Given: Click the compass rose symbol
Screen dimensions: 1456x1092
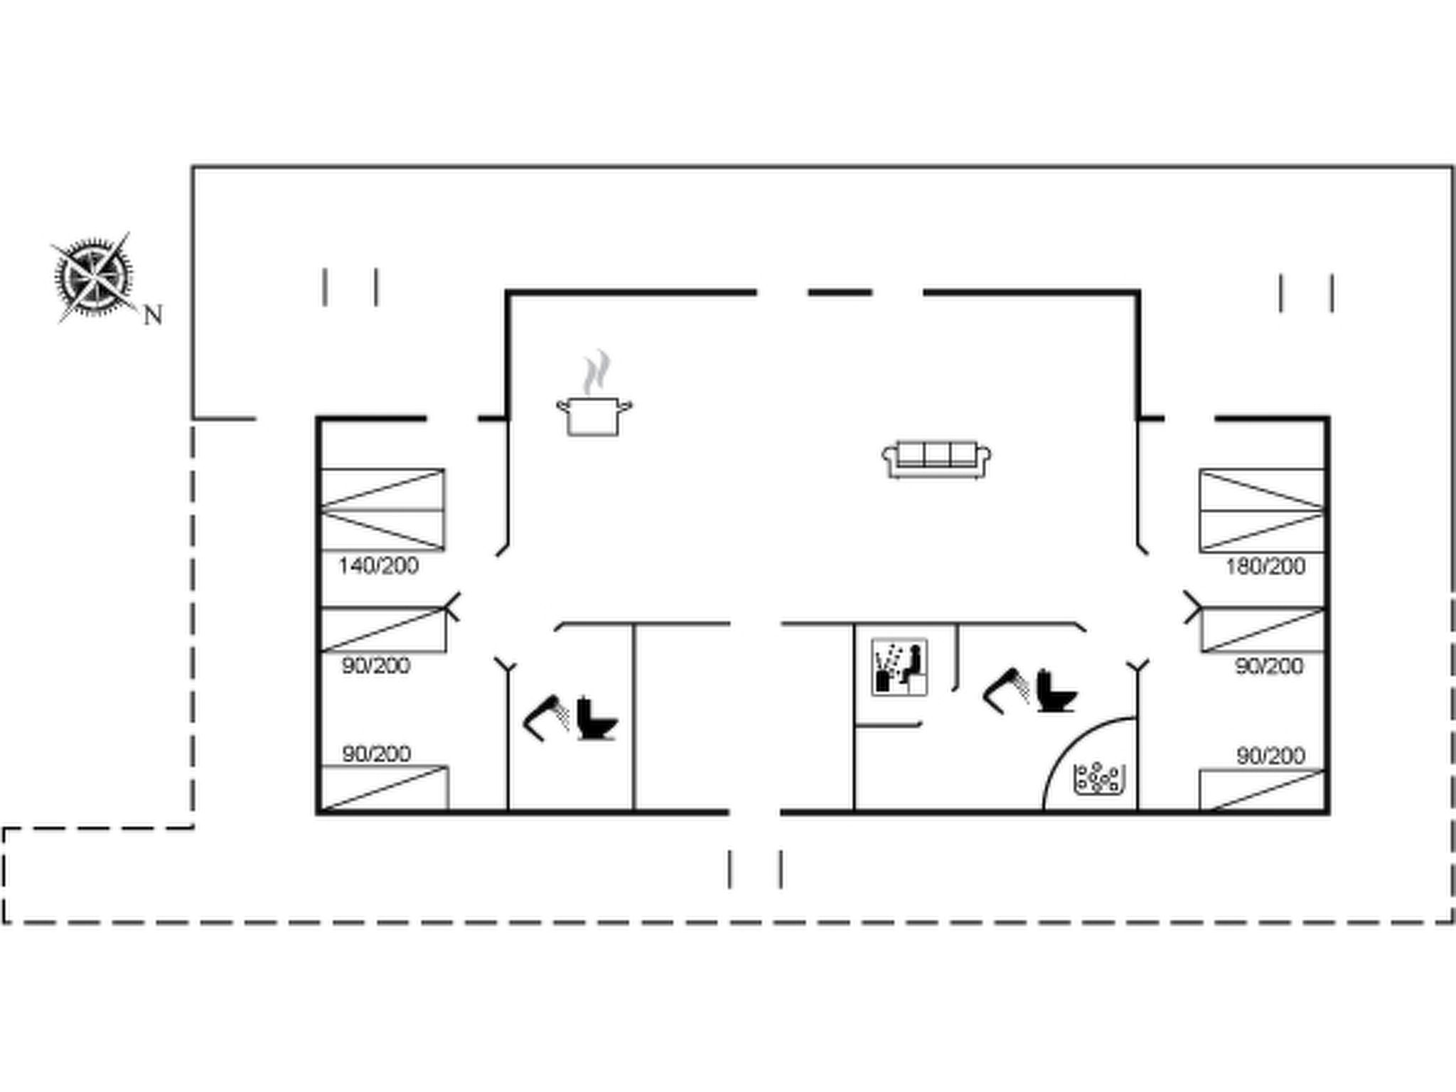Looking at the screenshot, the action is coord(94,277).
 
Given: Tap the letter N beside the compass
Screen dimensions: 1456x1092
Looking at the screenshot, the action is coord(153,315).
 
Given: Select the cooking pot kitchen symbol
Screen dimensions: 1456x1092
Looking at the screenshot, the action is coord(594,416).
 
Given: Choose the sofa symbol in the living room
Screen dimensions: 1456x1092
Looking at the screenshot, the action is coord(937,459).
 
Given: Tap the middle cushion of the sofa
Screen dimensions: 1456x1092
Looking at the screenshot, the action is coord(937,454).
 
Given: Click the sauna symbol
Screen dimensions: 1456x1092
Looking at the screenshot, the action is coord(899,666).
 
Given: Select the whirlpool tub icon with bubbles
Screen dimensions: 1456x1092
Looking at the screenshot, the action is coord(1098,779).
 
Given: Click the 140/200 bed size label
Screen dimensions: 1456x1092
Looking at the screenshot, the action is coord(378,567).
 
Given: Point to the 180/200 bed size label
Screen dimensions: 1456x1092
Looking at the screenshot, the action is coord(1265,567).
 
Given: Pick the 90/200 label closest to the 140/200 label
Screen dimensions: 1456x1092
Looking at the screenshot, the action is coord(376,666).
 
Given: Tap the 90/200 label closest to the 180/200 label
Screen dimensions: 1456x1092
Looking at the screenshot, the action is coord(1269,666).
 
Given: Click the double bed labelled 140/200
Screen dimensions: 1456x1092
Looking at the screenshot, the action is coord(382,510).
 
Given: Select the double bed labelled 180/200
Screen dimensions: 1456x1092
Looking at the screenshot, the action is coord(1262,510).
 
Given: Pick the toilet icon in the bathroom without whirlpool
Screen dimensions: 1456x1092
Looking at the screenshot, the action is coord(596,718).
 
